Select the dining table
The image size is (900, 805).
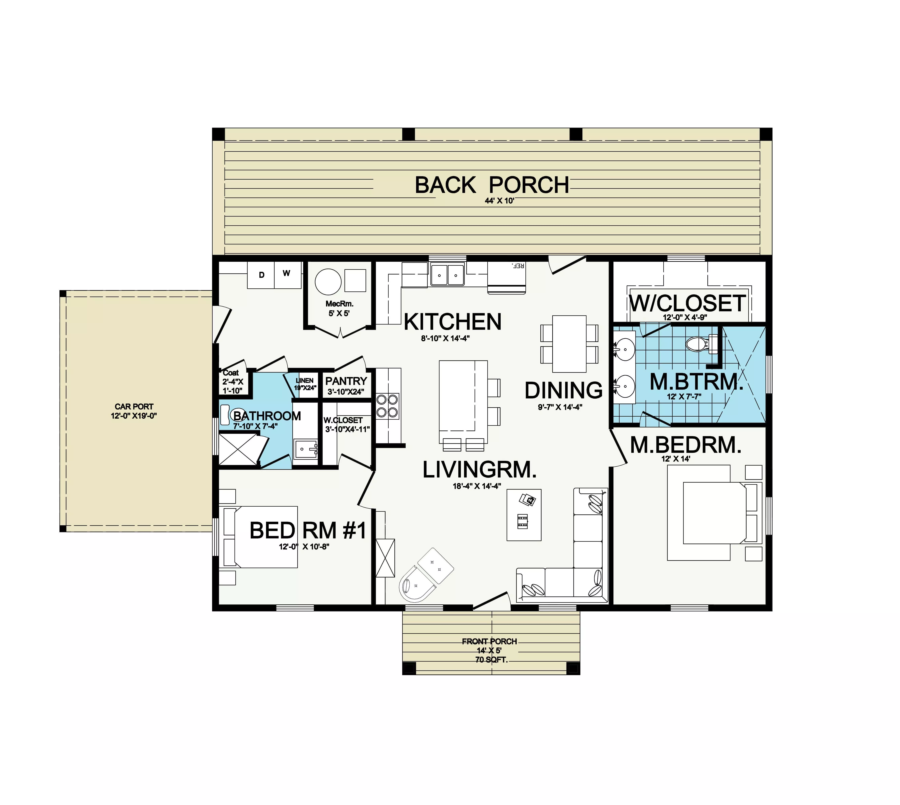click(x=569, y=344)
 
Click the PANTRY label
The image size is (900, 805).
click(x=346, y=381)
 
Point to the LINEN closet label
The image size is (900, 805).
click(x=305, y=380)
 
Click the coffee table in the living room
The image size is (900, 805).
click(x=524, y=515)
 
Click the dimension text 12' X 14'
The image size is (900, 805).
click(x=675, y=459)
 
